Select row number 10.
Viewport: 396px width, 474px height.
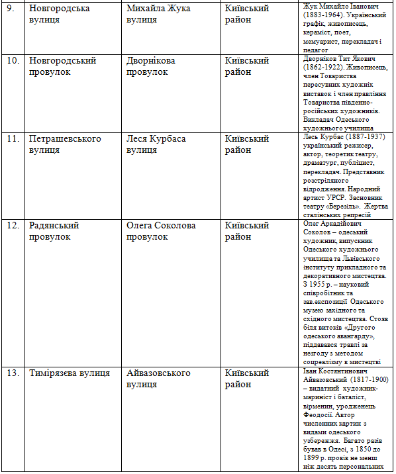tap(13, 61)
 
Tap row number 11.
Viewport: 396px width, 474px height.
tap(13, 139)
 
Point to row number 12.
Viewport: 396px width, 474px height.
tap(13, 226)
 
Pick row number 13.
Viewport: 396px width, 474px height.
tap(13, 373)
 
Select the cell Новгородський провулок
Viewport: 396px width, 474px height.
tap(63, 66)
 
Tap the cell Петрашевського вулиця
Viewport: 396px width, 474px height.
tap(65, 144)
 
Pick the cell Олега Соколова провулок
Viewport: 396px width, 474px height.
tap(162, 231)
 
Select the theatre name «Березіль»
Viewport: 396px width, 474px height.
tap(348, 206)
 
